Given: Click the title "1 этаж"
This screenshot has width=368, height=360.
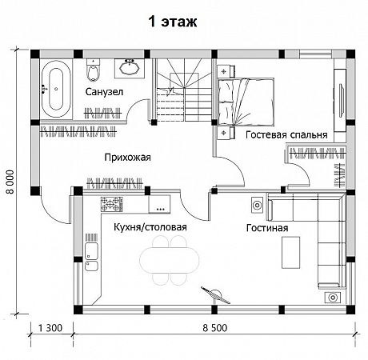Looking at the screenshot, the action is [x=173, y=22].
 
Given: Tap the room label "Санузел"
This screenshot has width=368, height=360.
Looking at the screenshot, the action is [x=104, y=92].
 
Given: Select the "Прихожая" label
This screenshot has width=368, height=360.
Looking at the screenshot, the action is [x=127, y=158].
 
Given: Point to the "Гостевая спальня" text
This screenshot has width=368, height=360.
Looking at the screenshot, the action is [x=286, y=134].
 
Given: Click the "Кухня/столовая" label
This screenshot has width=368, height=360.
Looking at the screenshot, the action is [x=150, y=227].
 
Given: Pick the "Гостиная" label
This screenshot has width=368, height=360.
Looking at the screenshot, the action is [x=267, y=228].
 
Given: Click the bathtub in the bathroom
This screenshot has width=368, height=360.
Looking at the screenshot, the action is [x=56, y=90].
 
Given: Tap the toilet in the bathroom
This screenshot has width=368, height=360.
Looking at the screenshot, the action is [x=93, y=70].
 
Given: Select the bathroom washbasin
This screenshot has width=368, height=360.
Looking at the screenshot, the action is [x=130, y=68].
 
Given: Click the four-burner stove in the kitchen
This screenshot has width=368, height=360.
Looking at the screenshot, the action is [x=111, y=204].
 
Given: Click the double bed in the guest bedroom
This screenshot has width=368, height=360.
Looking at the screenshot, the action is [x=246, y=102].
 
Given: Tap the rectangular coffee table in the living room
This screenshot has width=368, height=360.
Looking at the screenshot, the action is [x=291, y=252].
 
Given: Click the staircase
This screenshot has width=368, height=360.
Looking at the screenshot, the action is [x=183, y=90].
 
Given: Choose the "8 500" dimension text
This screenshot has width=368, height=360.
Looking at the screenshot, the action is [x=215, y=328].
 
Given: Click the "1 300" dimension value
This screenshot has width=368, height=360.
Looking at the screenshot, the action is [x=50, y=328].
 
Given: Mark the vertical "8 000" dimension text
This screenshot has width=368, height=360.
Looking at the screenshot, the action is [x=11, y=182].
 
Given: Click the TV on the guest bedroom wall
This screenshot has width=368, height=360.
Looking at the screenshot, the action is [x=341, y=99].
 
